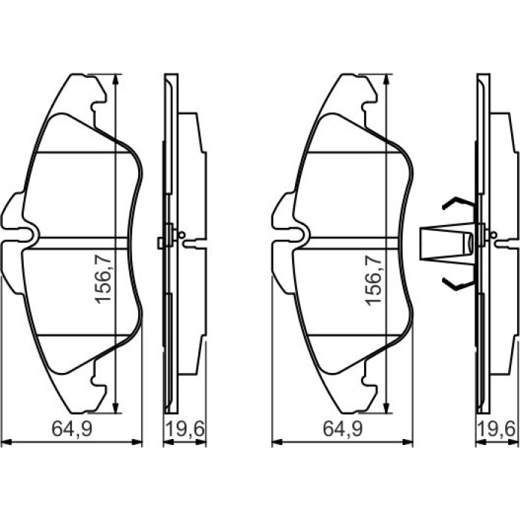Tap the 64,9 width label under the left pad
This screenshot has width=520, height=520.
72,429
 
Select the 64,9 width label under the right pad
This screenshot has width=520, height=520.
343,429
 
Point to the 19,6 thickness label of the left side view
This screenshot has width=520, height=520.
185,429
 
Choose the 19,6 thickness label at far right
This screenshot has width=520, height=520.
497,429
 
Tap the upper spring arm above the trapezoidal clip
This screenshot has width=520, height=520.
459,203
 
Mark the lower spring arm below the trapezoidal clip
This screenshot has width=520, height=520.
459,284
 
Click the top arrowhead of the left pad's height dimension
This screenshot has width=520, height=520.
115,79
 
